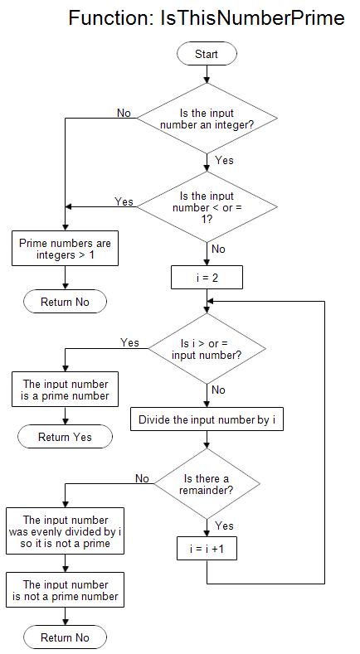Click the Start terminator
point(207,54)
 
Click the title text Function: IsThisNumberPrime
point(206,17)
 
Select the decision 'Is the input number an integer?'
point(207,119)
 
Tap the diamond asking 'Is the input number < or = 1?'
point(207,206)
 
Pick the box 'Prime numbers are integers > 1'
point(66,250)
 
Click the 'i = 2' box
point(207,278)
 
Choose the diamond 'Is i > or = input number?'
point(207,349)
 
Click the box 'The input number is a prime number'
point(66,390)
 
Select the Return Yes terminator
point(66,437)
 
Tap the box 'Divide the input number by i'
point(207,419)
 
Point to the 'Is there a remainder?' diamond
point(207,484)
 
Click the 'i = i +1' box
point(207,549)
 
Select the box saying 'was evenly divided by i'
point(66,531)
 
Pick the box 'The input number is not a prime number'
point(66,590)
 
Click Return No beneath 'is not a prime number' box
point(66,637)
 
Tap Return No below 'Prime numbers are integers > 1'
point(66,302)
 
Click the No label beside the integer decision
point(124,113)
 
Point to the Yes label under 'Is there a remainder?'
point(224,526)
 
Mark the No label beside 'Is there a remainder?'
point(142,478)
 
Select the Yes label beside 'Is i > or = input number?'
point(129,342)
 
